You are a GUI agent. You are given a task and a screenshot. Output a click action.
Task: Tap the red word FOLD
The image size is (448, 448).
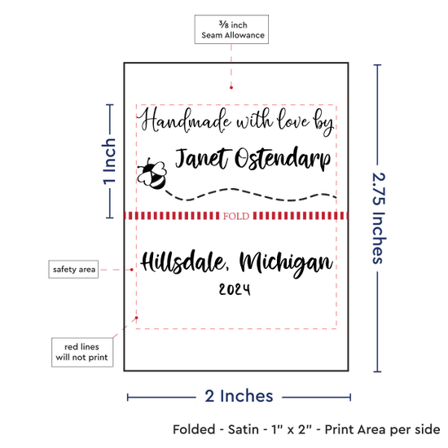(x=236, y=216)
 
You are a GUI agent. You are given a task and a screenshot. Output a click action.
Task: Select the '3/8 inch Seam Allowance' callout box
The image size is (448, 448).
(x=231, y=29)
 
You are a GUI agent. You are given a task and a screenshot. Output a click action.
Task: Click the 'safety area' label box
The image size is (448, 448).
(x=73, y=269)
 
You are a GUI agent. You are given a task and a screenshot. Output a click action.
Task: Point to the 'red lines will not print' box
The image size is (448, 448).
(x=82, y=352)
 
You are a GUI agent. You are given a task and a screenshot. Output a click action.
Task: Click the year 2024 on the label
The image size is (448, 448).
(x=235, y=289)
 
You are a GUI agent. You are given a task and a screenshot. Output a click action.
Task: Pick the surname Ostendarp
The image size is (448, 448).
(x=283, y=159)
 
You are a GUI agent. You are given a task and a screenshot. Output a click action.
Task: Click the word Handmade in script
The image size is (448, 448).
(x=184, y=121)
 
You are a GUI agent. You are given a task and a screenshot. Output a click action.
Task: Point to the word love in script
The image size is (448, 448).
(x=293, y=119)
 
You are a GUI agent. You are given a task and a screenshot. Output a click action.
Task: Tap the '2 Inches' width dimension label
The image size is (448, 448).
(x=239, y=396)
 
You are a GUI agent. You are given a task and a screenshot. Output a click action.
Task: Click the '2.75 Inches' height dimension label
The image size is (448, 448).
(x=379, y=218)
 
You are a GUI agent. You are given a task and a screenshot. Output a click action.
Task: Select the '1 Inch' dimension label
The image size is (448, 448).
(x=109, y=161)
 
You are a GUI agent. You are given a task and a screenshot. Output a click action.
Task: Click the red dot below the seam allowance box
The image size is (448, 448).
(x=231, y=87)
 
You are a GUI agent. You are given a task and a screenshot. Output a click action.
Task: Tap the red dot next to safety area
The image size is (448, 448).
(x=131, y=270)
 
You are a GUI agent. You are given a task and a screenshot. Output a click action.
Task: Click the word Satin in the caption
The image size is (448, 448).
(x=244, y=429)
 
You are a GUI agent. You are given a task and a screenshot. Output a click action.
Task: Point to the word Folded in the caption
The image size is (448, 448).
(x=194, y=429)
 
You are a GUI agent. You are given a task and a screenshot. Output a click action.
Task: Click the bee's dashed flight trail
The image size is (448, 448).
(x=251, y=195)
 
